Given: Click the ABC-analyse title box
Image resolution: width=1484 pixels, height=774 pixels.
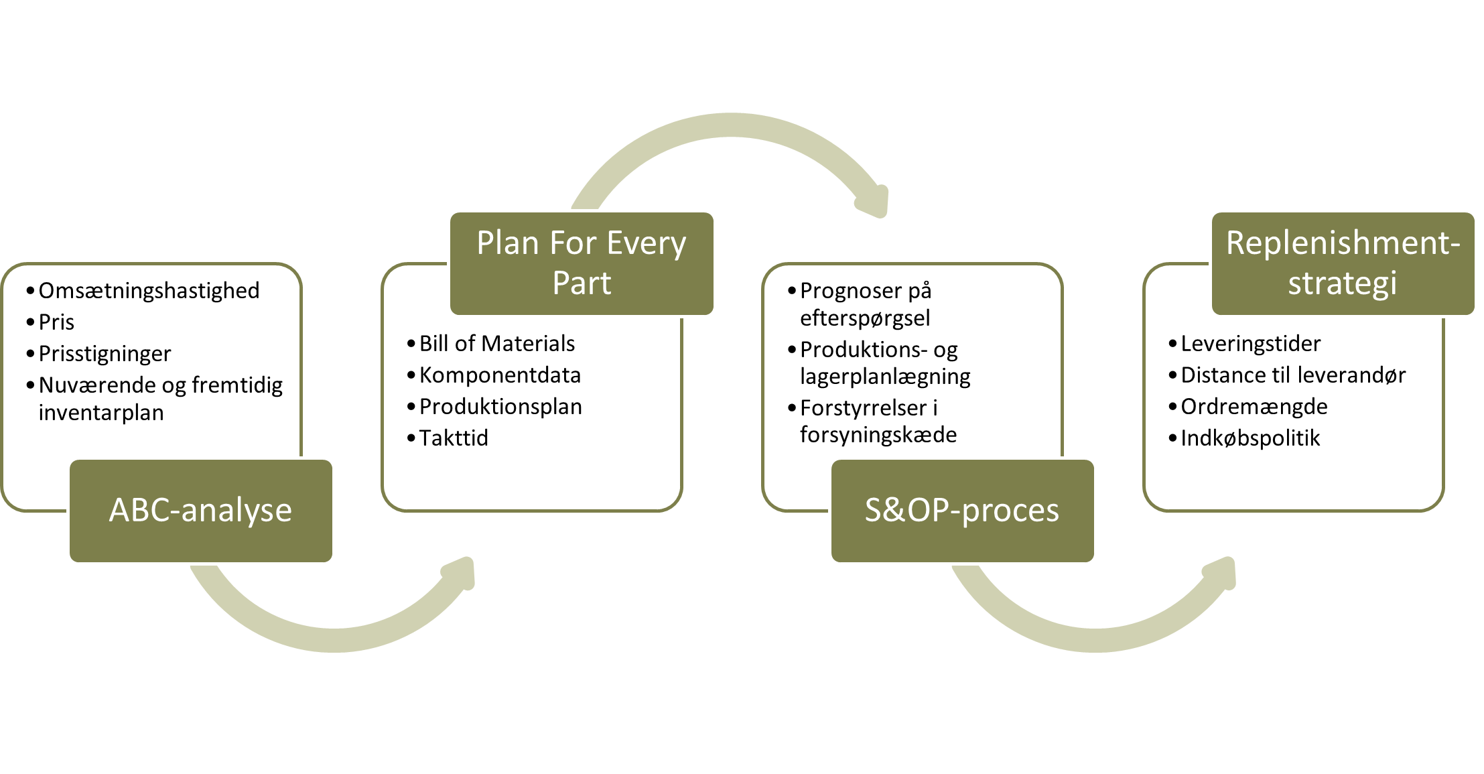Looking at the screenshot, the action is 201,511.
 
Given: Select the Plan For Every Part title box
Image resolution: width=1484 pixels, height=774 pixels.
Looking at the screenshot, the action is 582,263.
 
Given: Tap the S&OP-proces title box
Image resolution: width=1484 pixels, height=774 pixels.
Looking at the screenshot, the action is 963,511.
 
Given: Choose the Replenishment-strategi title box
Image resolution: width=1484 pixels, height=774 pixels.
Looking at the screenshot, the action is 1343,263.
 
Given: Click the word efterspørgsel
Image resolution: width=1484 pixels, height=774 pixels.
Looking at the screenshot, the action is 865,318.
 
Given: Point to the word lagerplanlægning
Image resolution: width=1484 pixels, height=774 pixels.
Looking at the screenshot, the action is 885,377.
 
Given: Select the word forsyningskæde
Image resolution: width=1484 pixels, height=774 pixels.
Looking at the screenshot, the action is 878,435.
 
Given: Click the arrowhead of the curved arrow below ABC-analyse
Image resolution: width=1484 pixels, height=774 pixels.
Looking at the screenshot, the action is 460,574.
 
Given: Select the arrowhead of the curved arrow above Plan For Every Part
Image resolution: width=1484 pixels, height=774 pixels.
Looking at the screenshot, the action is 872,201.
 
